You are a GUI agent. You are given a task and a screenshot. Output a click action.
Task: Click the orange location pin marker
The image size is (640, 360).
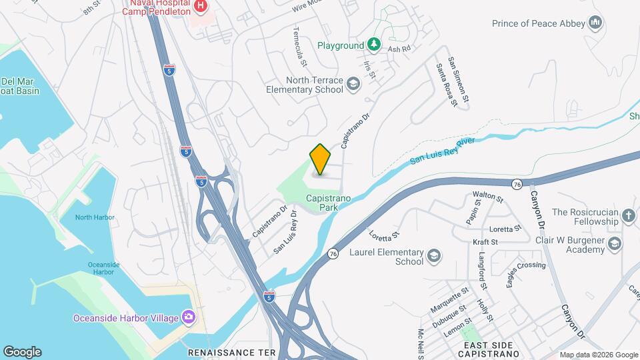pyautogui.click(x=320, y=159)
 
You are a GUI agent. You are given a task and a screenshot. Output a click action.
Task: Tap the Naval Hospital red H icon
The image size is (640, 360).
pyautogui.click(x=201, y=7)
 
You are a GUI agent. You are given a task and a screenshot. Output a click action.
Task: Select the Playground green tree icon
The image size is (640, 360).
pyautogui.click(x=375, y=45)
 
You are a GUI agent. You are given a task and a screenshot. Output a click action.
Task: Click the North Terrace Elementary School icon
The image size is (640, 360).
pyautogui.click(x=353, y=83)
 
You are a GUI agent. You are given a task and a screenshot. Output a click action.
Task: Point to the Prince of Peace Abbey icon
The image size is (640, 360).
pyautogui.click(x=595, y=23)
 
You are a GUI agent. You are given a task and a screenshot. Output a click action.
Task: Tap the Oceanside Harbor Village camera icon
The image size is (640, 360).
pyautogui.click(x=189, y=316)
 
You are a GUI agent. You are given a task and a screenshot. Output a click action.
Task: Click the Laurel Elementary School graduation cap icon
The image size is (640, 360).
pyautogui.click(x=434, y=255)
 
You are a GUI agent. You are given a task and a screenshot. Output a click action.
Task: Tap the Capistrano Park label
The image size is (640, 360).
pyautogui.click(x=323, y=203)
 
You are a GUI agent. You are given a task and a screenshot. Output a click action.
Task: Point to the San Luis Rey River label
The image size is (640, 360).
pyautogui.click(x=441, y=151)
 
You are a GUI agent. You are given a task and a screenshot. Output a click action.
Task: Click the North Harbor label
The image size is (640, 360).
pyautogui.click(x=94, y=217)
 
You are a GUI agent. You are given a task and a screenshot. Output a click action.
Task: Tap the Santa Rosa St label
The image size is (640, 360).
pyautogui.click(x=446, y=85)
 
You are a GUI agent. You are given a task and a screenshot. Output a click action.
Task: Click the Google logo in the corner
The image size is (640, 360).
pyautogui.click(x=22, y=352)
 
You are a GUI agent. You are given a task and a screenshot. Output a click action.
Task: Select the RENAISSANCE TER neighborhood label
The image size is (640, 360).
pyautogui.click(x=231, y=351)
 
